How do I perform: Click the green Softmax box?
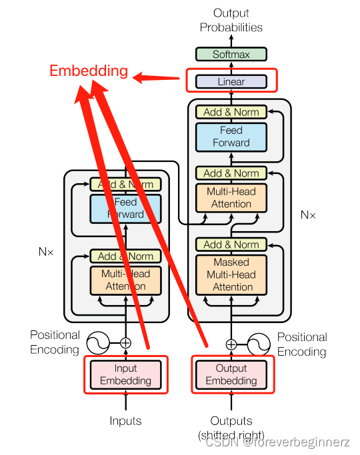coord(231,55)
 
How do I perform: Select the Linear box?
coord(231,82)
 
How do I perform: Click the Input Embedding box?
coord(126,374)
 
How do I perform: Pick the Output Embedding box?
coord(231,374)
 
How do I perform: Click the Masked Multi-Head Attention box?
coord(231,274)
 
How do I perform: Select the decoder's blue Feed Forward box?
coord(231,137)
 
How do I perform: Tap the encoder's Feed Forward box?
coord(126,208)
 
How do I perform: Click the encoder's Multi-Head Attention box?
coord(126,280)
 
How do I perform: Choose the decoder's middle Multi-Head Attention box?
coord(231,198)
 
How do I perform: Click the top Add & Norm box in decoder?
coord(231,112)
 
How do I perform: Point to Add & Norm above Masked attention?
coord(231,244)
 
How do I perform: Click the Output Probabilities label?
coord(231,20)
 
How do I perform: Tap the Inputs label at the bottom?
coord(126,420)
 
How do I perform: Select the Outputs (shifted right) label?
coord(231,427)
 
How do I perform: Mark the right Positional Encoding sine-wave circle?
coord(259,344)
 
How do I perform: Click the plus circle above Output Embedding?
coord(231,344)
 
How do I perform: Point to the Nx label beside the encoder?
coord(46,252)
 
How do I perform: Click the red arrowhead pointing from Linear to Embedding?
coord(140,78)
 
